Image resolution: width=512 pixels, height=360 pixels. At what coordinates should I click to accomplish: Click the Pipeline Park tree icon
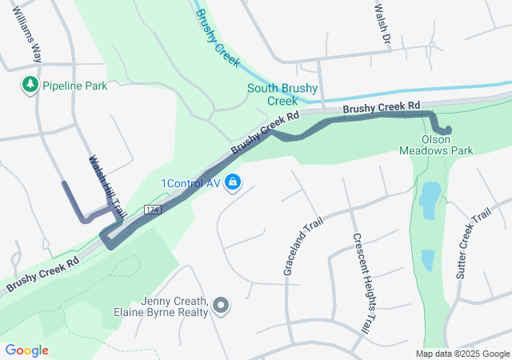(30, 84)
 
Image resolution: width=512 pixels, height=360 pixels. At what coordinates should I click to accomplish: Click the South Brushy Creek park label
(282, 94)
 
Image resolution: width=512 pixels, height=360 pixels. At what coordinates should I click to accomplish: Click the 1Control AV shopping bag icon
(232, 183)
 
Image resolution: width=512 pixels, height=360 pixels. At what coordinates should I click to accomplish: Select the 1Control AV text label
(190, 183)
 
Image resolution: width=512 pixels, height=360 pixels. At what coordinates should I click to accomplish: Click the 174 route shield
(153, 210)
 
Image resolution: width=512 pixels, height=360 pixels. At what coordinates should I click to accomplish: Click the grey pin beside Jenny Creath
(222, 306)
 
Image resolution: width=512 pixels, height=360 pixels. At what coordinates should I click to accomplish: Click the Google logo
(26, 350)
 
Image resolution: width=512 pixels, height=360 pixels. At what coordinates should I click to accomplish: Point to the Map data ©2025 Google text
(462, 354)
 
